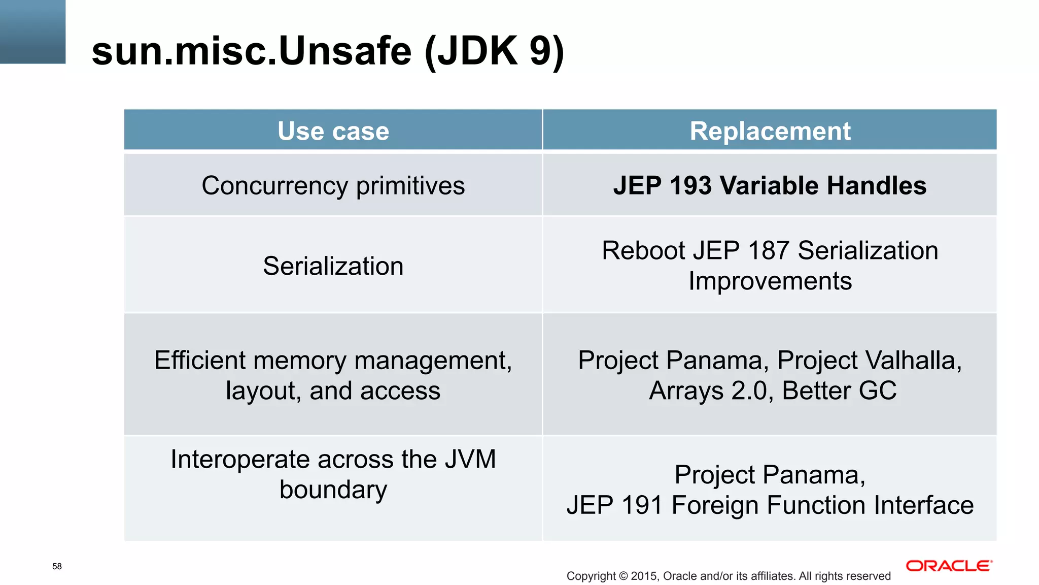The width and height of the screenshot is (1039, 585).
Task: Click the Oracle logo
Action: pyautogui.click(x=949, y=566)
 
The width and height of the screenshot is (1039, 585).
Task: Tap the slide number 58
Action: pyautogui.click(x=57, y=566)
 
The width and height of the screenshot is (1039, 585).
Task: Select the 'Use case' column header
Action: pyautogui.click(x=333, y=131)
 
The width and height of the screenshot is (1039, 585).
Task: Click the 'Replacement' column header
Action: pyautogui.click(x=770, y=131)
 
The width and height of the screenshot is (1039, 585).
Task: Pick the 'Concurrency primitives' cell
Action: pyautogui.click(x=333, y=185)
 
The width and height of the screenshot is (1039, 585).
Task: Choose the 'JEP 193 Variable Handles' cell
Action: pyautogui.click(x=770, y=185)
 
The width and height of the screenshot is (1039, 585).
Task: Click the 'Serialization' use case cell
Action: pyautogui.click(x=333, y=266)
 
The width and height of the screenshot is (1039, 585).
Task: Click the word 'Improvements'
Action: pyautogui.click(x=770, y=281)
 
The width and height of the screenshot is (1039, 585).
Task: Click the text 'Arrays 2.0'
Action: pyautogui.click(x=710, y=391)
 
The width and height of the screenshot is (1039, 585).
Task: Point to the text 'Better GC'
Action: pyautogui.click(x=839, y=391)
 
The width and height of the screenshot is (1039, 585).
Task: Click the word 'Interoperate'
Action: pyautogui.click(x=239, y=460)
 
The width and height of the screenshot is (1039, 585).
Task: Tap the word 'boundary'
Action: pyautogui.click(x=333, y=490)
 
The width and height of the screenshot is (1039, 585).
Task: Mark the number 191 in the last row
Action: pyautogui.click(x=642, y=505)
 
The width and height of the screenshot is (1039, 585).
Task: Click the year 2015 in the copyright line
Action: pyautogui.click(x=644, y=576)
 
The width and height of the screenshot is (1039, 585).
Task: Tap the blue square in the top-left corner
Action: pyautogui.click(x=32, y=31)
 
